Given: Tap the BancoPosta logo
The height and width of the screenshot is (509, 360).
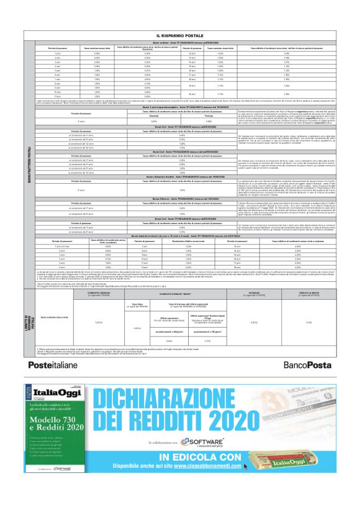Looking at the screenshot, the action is click(x=308, y=365).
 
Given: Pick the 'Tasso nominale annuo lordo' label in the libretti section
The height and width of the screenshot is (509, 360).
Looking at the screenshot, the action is click(x=52, y=318).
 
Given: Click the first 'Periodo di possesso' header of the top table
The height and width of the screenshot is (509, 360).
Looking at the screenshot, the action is click(x=43, y=48).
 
